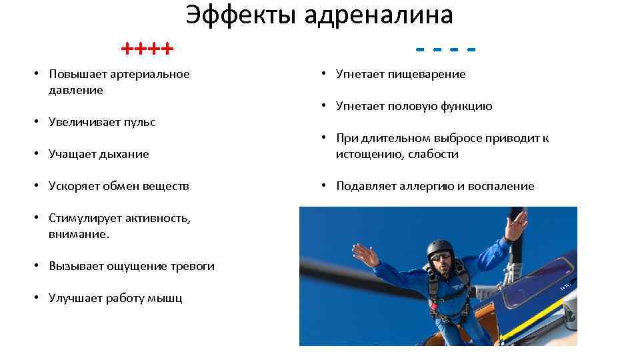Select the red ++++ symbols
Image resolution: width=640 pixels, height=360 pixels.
click(147, 49)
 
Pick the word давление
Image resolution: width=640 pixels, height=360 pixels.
click(76, 90)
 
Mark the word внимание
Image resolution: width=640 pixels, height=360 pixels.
click(78, 234)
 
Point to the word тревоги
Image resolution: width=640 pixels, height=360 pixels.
click(190, 266)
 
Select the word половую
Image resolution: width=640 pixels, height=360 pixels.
click(411, 106)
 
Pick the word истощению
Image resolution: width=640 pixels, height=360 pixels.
click(367, 154)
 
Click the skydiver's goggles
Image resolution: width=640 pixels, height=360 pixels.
click(440, 256)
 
